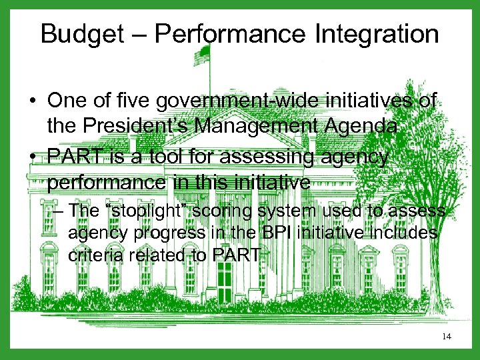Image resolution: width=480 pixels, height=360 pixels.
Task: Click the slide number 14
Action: point(446,337)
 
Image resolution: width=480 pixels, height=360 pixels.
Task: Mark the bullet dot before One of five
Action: point(33,102)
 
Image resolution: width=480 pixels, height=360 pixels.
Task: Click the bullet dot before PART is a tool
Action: point(33,159)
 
